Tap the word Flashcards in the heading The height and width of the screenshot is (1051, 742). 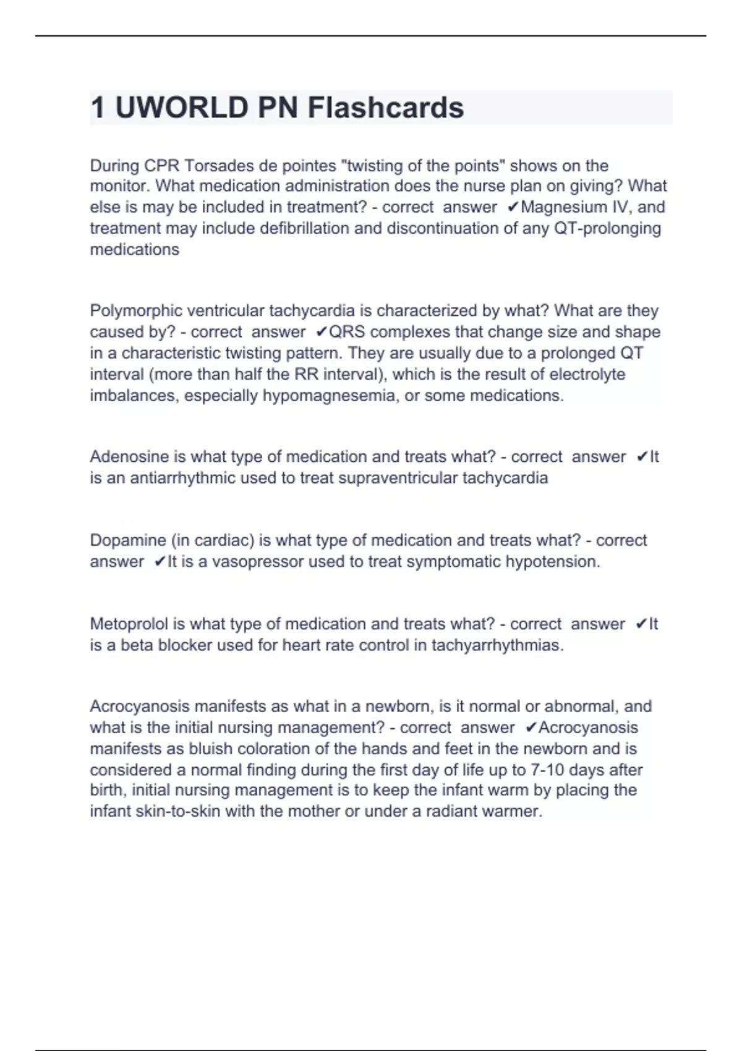coord(386,108)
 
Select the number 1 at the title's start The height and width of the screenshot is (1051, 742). coord(98,108)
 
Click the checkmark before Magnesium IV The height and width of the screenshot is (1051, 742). coord(512,207)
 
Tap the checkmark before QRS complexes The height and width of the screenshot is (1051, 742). coord(321,332)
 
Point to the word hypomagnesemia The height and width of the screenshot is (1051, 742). coord(331,396)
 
